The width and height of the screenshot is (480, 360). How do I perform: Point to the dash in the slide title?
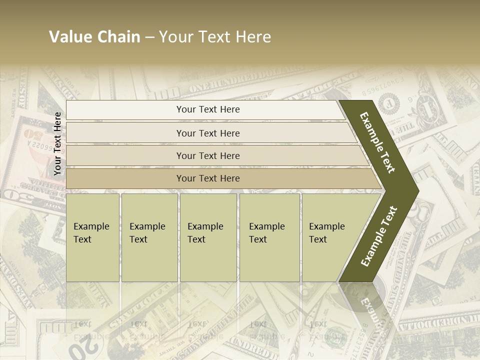tap(149, 37)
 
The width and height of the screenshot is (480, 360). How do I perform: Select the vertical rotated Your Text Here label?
tap(57, 143)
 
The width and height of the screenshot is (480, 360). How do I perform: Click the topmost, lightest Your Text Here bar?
tap(207, 109)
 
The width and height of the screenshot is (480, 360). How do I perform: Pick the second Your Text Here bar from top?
tap(207, 133)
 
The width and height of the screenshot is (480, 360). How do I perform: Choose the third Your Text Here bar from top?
tap(207, 155)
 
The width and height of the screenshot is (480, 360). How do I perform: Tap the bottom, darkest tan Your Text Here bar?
tap(207, 178)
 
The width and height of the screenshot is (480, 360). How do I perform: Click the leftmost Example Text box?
tap(92, 237)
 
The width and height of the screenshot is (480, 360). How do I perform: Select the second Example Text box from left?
tap(149, 237)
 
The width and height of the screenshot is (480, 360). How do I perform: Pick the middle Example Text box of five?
tap(208, 237)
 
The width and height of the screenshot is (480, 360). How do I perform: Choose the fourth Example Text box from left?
tap(269, 237)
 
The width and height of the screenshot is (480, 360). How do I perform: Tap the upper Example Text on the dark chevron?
tap(377, 142)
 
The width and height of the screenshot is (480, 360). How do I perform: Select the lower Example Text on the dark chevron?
tap(379, 236)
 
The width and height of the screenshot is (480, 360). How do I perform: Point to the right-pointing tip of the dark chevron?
tap(416, 191)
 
